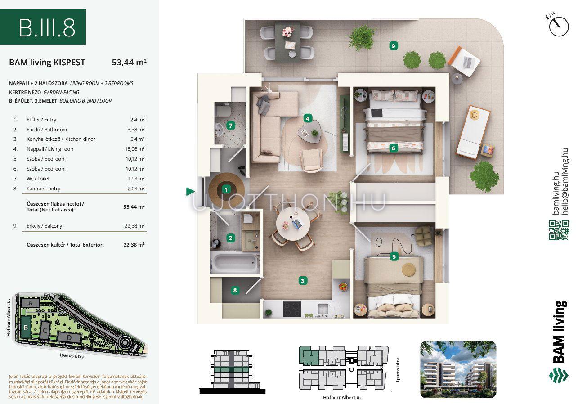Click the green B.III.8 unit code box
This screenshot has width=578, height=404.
pyautogui.click(x=43, y=27)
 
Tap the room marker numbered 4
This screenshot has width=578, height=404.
pyautogui.click(x=307, y=118)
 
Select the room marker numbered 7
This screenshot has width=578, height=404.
pyautogui.click(x=230, y=126)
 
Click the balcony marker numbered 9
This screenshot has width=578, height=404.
pyautogui.click(x=393, y=46)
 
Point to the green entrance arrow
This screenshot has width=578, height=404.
pyautogui.click(x=190, y=191)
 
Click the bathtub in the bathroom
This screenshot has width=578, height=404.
pyautogui.click(x=235, y=263)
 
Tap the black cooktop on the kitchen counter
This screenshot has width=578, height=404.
pyautogui.click(x=292, y=309)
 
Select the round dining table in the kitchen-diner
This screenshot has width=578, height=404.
pyautogui.click(x=293, y=224)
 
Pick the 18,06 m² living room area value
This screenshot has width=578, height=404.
pyautogui.click(x=134, y=149)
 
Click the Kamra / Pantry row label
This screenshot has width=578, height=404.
pyautogui.click(x=43, y=189)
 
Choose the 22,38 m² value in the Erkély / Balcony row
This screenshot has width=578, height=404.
pyautogui.click(x=134, y=226)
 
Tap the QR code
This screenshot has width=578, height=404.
pyautogui.click(x=559, y=230)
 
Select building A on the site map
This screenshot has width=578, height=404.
pyautogui.click(x=31, y=303)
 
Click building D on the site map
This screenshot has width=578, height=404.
pyautogui.click(x=69, y=337)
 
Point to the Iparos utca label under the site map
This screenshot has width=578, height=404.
pyautogui.click(x=72, y=356)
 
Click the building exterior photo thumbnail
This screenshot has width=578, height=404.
pyautogui.click(x=458, y=369)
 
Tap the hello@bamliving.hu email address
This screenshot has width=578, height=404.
pyautogui.click(x=565, y=181)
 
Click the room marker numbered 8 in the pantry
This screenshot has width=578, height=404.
pyautogui.click(x=235, y=290)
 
